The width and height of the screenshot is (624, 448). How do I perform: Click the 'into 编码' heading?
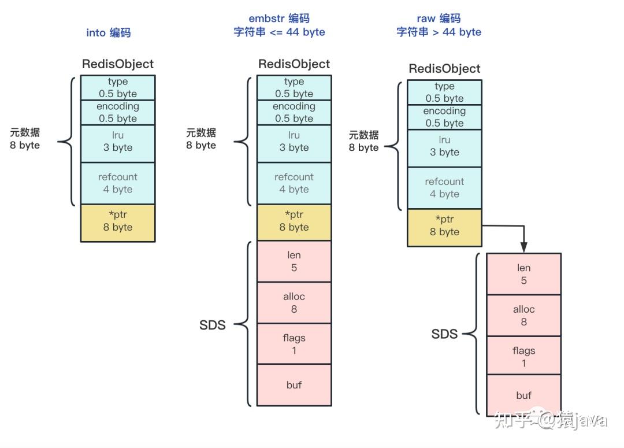pos(109,32)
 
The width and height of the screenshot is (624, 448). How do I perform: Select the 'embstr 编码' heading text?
pos(279,18)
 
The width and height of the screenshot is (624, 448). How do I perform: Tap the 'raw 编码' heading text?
pos(439,18)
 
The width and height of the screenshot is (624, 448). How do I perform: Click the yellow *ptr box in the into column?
pos(118,222)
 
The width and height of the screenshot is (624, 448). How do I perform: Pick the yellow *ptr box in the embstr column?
pos(294,222)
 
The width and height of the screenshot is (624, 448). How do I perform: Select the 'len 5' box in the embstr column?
pos(294,261)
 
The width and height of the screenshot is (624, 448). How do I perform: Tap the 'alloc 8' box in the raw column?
pos(523,316)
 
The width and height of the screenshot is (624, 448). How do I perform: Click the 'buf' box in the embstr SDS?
pos(294,385)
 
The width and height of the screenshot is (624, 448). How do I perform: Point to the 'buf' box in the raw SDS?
pos(523,395)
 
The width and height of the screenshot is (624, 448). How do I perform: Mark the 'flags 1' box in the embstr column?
pos(294,344)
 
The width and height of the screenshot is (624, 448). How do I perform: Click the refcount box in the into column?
pos(118,183)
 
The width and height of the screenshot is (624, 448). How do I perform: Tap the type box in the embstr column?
pos(294,88)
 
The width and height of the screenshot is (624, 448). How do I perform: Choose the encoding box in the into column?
pos(118,113)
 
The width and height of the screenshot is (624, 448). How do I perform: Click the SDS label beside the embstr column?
pos(212,325)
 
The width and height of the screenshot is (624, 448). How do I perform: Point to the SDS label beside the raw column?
pos(444,334)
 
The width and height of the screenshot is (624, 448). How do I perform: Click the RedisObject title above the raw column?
pos(444,69)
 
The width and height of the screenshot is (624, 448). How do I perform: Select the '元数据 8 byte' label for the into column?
pos(25,139)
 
